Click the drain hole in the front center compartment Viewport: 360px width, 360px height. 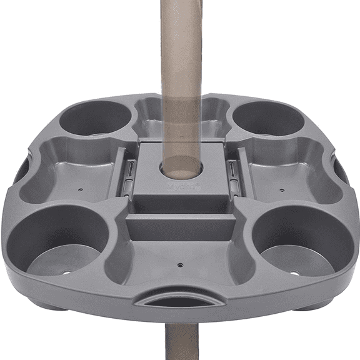180,264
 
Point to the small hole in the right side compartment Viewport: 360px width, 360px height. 282,187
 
